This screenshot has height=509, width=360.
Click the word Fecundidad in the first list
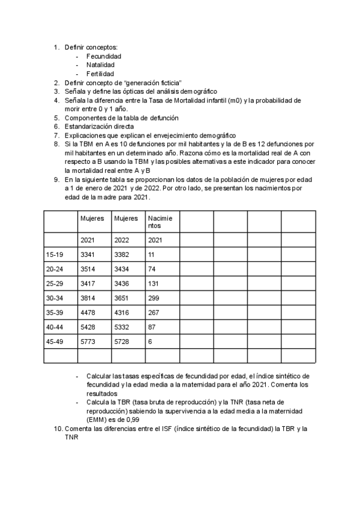[x=103, y=56]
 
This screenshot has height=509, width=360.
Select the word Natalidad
[x=100, y=65]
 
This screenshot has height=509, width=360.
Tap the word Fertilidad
[x=100, y=74]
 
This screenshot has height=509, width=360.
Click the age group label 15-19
[x=55, y=255]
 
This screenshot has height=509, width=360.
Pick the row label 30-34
[x=55, y=298]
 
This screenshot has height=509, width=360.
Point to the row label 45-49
[x=55, y=342]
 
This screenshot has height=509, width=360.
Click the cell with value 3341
[x=88, y=255]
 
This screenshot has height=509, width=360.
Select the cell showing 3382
[x=121, y=255]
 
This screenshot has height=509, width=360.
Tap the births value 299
[x=154, y=298]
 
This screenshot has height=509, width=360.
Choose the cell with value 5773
[x=88, y=342]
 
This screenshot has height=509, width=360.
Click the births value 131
[x=154, y=284]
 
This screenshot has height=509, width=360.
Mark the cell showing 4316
[x=121, y=313]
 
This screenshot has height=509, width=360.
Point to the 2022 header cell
[x=121, y=241]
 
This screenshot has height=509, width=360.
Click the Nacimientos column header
[x=159, y=222]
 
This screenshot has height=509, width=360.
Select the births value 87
[x=152, y=327]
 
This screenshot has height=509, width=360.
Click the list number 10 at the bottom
[x=58, y=430]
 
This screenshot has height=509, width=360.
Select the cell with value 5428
[x=88, y=327]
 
